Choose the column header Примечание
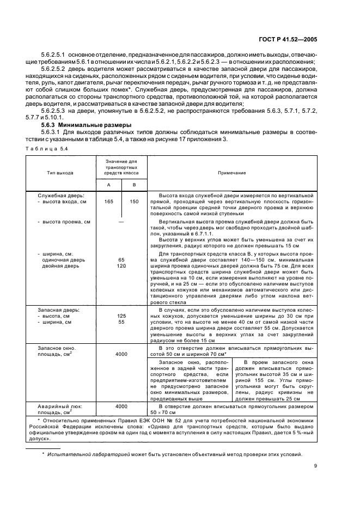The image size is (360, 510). [x=232, y=172]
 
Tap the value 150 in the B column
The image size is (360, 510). [x=134, y=202]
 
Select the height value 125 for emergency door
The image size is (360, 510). [x=121, y=315]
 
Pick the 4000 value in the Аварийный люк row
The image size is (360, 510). [x=121, y=406]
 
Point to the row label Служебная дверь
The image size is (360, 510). [x=59, y=195]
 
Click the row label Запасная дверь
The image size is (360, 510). [x=58, y=309]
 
